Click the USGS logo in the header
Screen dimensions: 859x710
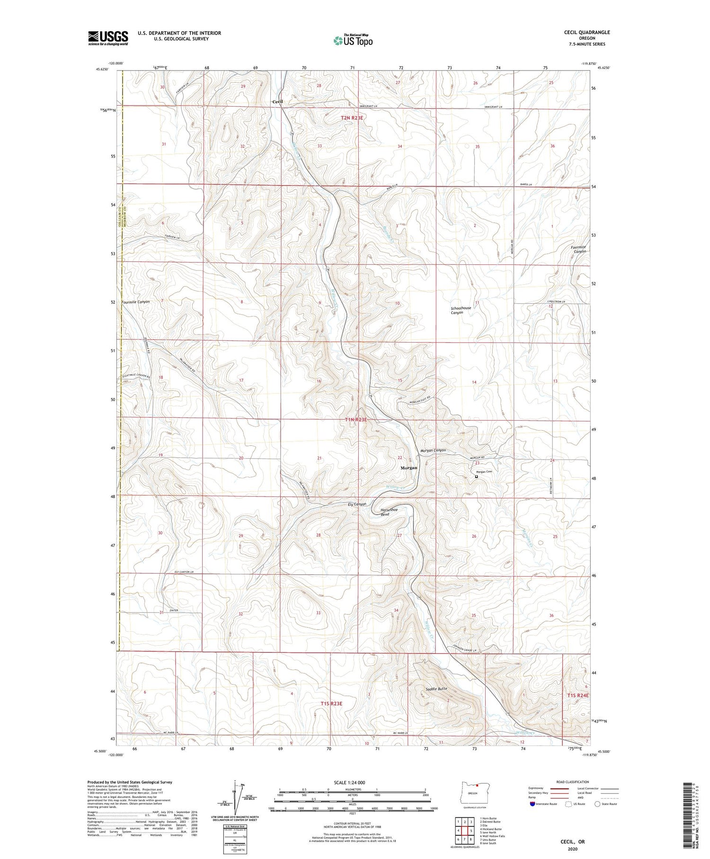point(108,38)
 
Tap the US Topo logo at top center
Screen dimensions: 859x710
point(353,40)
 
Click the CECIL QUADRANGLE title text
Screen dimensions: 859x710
point(586,33)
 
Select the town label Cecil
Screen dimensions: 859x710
point(278,102)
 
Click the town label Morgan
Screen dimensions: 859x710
point(409,468)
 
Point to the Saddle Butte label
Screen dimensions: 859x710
point(436,688)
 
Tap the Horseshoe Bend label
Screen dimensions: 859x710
point(389,512)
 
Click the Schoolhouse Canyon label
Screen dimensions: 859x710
point(461,310)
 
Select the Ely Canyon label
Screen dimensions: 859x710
point(357,504)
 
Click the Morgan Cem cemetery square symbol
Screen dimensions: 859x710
point(477,477)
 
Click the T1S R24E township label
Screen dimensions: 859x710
point(578,695)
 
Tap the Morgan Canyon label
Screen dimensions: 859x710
point(433,450)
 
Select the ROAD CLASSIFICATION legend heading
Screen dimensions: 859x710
point(572,782)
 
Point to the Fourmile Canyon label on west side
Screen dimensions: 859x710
point(135,302)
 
